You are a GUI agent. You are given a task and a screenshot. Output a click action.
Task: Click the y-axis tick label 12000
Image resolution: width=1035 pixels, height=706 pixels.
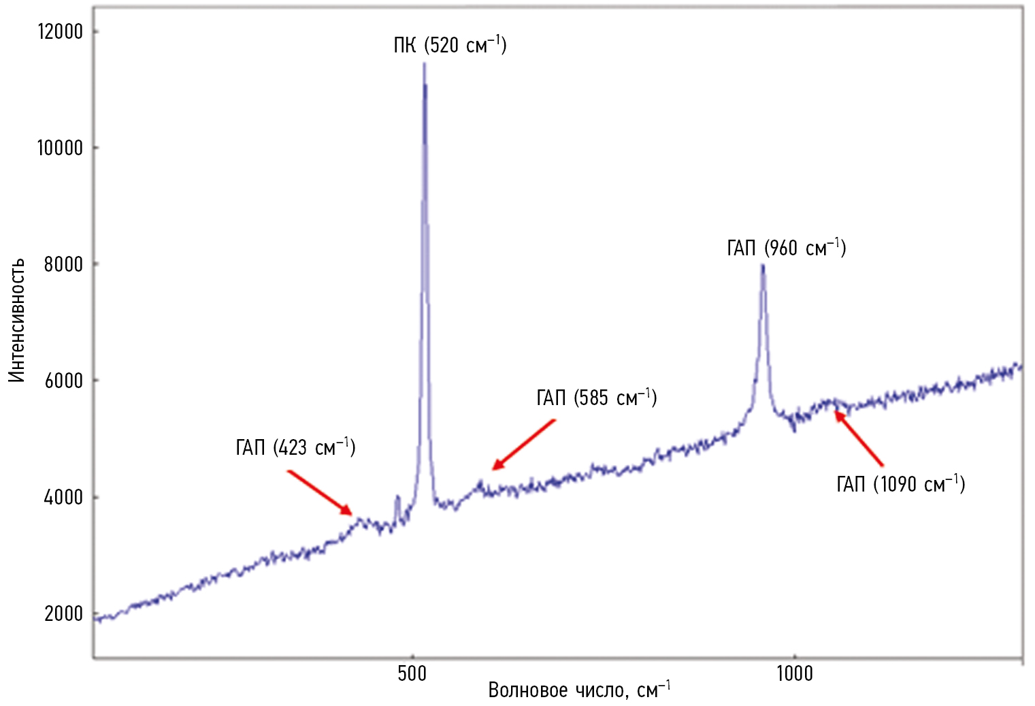[59, 31]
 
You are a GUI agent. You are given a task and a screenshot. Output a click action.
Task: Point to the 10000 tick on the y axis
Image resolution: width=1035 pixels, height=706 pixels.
[59, 148]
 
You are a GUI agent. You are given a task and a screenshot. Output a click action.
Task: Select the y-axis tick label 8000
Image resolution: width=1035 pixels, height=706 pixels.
[63, 264]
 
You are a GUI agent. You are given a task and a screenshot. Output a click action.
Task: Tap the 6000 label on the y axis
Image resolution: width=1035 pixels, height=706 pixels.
[63, 381]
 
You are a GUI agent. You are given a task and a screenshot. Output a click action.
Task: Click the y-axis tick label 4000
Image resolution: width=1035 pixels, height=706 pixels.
[63, 497]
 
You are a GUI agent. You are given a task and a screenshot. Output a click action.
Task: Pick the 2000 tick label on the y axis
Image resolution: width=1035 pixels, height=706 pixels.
[63, 613]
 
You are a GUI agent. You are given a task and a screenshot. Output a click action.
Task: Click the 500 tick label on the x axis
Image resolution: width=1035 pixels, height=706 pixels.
[412, 673]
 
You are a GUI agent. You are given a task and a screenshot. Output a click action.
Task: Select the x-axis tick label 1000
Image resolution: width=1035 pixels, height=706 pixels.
[794, 673]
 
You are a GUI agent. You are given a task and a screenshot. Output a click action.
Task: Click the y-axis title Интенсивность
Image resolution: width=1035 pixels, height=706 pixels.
[17, 320]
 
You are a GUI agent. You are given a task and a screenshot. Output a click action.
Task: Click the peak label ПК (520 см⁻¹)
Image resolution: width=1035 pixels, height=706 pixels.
[450, 45]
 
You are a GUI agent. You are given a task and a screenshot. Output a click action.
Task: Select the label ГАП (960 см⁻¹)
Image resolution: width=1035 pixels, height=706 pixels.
[786, 248]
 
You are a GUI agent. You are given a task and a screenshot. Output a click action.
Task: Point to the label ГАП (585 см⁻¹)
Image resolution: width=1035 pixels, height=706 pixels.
[596, 398]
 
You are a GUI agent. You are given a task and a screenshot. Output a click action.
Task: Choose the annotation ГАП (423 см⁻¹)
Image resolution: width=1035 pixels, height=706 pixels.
[295, 447]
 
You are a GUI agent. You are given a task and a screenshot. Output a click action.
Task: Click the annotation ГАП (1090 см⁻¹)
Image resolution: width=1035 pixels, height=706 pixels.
[900, 484]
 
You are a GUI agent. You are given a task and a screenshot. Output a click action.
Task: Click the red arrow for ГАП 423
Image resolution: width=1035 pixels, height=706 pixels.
[319, 492]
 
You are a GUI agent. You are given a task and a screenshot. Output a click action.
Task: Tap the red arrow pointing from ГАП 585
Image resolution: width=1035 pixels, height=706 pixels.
[524, 445]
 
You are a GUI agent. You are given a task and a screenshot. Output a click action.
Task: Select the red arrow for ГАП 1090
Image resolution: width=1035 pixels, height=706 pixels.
[859, 438]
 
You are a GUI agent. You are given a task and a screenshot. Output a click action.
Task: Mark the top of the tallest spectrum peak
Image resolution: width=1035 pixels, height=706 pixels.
[424, 64]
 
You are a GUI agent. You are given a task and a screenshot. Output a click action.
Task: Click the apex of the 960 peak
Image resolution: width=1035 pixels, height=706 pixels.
[763, 265]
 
